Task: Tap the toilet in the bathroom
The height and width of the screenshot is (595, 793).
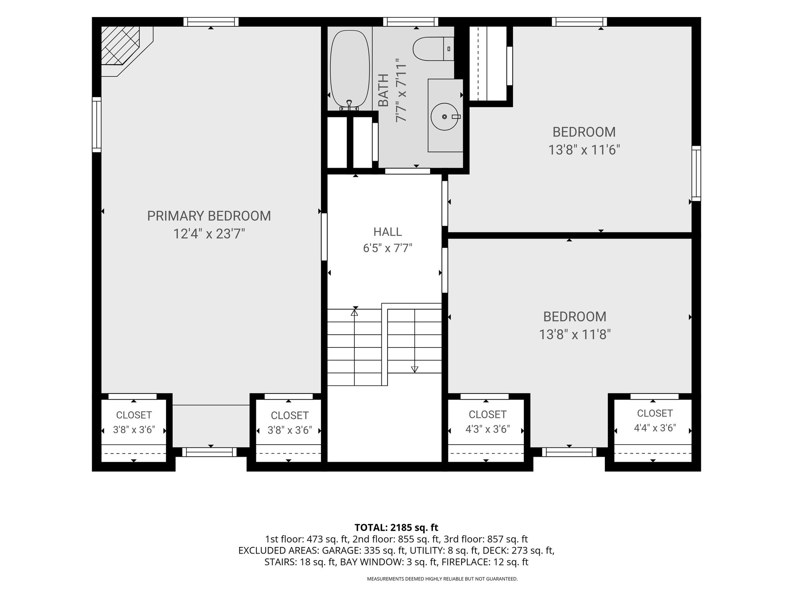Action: tap(433, 49)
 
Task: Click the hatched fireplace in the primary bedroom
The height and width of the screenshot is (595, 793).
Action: tap(120, 45)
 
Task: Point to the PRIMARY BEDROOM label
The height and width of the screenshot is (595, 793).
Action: tap(209, 216)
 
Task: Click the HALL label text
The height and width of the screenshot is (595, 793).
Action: tap(388, 232)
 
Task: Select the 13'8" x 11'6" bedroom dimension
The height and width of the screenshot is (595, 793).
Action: tap(584, 150)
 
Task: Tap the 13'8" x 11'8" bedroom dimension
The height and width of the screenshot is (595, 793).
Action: tap(575, 335)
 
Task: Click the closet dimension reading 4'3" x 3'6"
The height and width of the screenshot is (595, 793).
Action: tap(487, 429)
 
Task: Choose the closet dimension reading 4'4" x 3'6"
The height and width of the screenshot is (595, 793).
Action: tap(655, 428)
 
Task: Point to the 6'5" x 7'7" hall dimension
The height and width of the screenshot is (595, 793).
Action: tap(388, 248)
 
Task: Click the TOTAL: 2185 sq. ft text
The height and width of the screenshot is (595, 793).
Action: tap(396, 528)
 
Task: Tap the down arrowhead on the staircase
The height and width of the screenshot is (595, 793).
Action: tap(415, 370)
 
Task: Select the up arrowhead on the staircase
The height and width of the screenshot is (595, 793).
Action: tap(354, 312)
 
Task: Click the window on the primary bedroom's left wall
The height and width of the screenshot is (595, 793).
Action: tap(96, 124)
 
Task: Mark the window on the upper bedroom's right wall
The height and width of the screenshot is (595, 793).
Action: tap(696, 173)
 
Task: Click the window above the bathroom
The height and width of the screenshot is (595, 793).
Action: tap(411, 22)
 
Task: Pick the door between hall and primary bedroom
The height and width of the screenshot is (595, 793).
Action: tap(324, 237)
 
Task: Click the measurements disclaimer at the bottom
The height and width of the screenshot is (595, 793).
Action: tap(442, 579)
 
